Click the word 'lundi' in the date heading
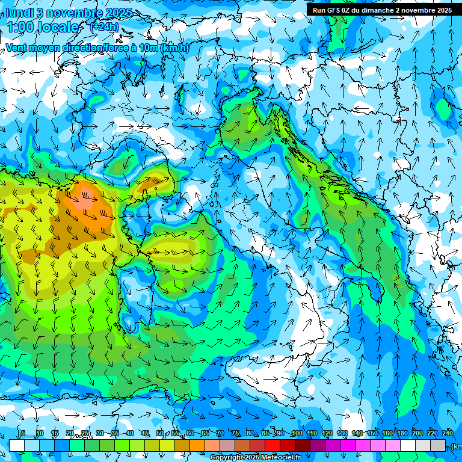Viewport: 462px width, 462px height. (x=20, y=12)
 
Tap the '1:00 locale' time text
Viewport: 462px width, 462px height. (x=43, y=27)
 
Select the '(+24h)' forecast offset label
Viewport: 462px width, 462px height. (x=104, y=27)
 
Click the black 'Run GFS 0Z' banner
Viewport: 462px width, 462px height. (x=382, y=10)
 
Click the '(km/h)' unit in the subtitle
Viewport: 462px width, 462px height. (x=175, y=48)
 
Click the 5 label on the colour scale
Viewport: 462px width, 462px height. (x=23, y=434)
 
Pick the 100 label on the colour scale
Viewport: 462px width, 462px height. (x=297, y=434)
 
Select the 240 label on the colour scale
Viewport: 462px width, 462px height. (x=447, y=434)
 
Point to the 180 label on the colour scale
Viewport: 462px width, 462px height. (x=402, y=434)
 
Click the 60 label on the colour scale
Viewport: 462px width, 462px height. (x=189, y=434)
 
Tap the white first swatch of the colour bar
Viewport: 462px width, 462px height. (x=17, y=445)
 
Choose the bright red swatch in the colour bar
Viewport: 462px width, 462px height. (x=273, y=445)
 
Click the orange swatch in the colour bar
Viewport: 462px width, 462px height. (x=197, y=445)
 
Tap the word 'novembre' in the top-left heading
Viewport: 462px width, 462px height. (x=70, y=12)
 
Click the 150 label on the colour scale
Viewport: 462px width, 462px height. (x=372, y=434)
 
